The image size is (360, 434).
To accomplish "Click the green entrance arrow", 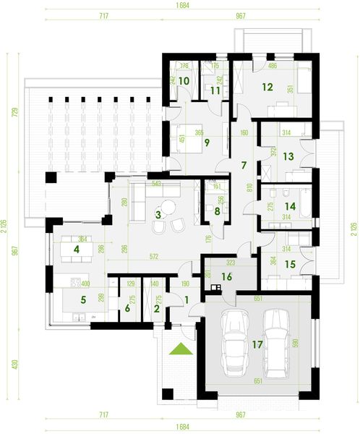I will point(180,350).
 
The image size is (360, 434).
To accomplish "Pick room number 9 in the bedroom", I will point(187,142).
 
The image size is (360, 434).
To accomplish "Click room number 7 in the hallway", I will point(244,166).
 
